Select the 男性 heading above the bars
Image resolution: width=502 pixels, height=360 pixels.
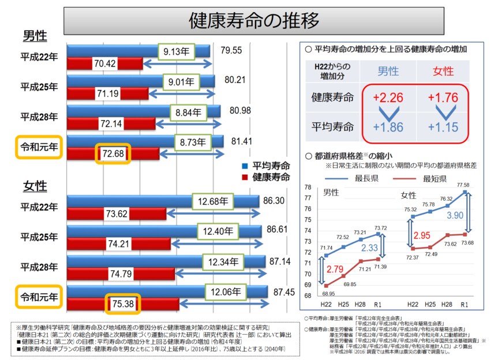pos(35,36)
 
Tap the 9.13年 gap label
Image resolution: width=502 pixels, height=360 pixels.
pos(175,51)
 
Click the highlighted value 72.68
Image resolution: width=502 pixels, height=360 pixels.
pos(113,154)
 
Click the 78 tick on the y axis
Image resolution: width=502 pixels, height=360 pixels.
pos(308,187)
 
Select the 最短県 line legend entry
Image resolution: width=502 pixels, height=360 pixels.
pos(439,178)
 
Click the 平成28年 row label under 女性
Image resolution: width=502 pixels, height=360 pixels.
pos(39,267)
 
